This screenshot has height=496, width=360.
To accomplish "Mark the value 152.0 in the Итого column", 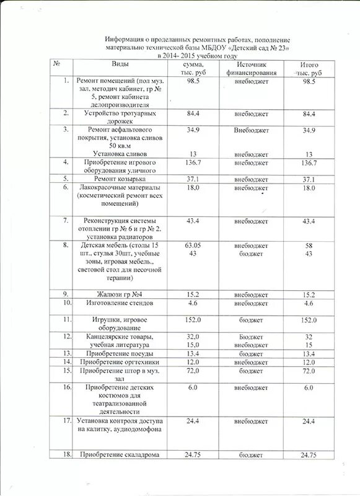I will [x=309, y=319].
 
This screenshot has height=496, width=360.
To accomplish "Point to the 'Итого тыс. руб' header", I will [x=309, y=69].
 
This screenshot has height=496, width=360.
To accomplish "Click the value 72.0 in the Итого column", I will [x=309, y=370].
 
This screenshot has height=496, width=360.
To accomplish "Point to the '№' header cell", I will [x=57, y=64].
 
